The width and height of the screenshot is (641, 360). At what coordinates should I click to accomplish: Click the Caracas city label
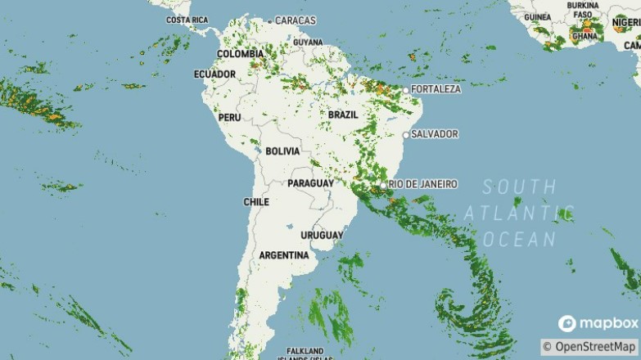coord(296,20)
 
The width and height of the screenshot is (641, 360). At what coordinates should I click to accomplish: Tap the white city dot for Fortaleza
coord(406,88)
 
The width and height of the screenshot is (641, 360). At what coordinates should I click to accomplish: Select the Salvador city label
coord(435,134)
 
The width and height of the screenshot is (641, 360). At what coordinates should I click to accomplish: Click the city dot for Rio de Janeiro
coord(383,185)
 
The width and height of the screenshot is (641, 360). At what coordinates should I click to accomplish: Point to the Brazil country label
coord(343,115)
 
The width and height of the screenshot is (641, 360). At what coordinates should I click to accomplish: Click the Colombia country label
coord(240,54)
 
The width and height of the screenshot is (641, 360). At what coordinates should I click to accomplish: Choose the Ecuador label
coord(214,74)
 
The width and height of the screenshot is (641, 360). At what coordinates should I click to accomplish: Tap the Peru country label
coord(228,118)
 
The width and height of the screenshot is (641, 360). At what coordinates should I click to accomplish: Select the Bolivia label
coord(283,151)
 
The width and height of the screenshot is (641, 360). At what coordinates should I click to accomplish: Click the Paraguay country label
coord(310,183)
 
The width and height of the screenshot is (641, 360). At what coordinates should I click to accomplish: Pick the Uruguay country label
coord(321,236)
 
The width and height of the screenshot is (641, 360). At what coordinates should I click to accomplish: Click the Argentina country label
coord(283,255)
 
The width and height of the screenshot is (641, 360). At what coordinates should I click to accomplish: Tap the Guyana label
coord(308,42)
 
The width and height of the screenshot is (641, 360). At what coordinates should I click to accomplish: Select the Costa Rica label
coord(187,20)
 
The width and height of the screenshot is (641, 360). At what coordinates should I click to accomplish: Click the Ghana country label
coord(585,37)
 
